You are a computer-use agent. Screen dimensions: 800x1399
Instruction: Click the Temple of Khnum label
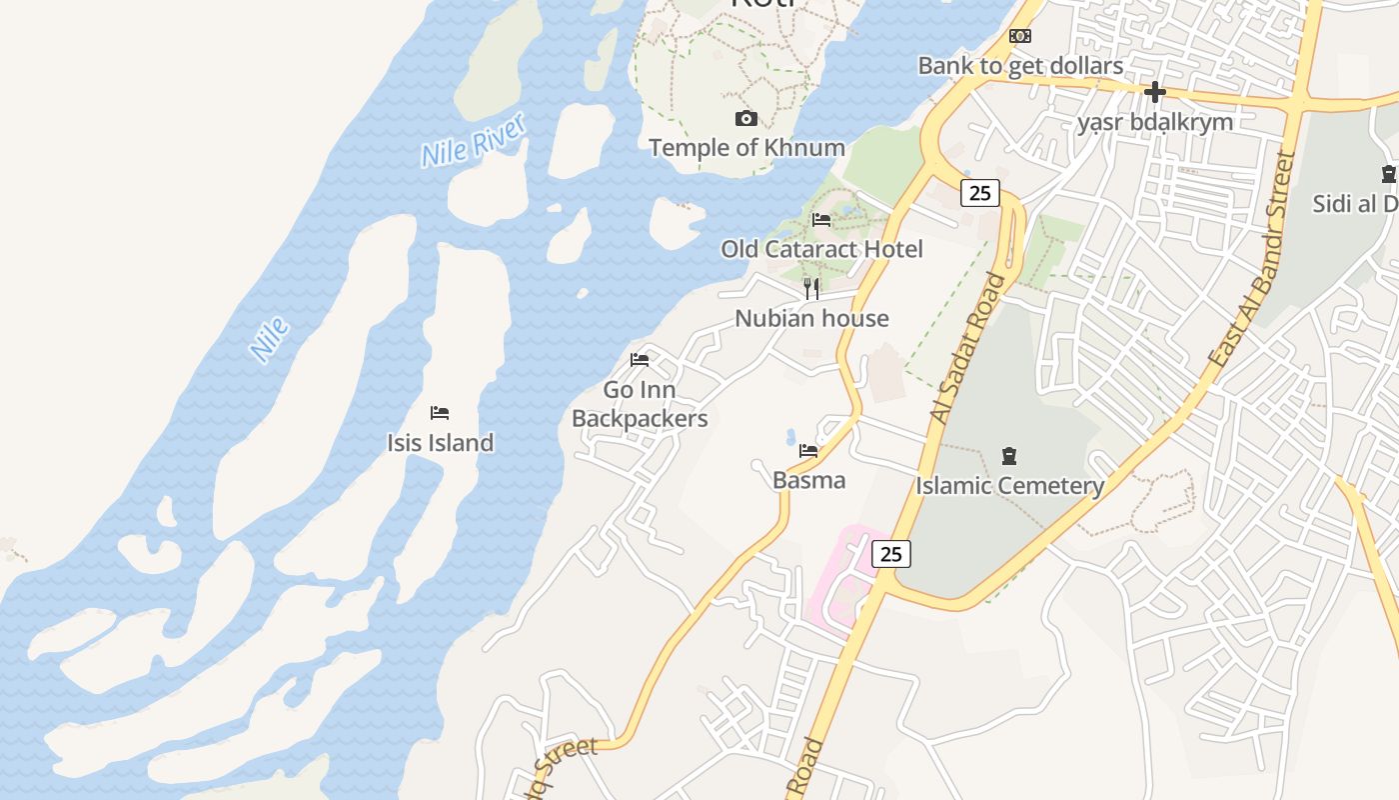click(746, 148)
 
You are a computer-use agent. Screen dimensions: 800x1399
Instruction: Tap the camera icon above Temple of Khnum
click(745, 119)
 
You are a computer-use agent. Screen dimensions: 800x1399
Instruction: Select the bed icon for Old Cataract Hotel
click(821, 220)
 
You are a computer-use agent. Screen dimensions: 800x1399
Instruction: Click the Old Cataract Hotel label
click(821, 249)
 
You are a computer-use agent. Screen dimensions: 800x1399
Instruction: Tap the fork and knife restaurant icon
click(811, 289)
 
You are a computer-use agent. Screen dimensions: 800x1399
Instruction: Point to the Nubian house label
click(811, 319)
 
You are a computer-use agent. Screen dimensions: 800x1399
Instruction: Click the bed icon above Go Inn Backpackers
click(640, 360)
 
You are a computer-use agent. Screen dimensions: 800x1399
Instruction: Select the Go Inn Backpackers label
click(640, 404)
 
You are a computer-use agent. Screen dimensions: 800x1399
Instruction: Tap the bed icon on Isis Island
click(440, 413)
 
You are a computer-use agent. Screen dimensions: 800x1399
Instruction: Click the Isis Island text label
click(440, 443)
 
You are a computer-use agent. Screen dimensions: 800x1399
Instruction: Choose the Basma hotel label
click(808, 480)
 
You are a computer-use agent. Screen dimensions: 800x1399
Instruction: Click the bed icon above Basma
click(808, 451)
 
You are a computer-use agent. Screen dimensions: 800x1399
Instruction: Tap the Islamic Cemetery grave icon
click(1009, 457)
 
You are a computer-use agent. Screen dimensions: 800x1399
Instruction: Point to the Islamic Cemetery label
click(1009, 486)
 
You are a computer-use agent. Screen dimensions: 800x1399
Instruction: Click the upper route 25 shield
click(979, 193)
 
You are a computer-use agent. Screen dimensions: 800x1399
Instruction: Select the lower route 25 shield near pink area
click(890, 553)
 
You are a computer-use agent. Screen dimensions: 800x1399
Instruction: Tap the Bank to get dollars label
click(1020, 66)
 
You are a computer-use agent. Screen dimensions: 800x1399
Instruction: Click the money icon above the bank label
click(1020, 36)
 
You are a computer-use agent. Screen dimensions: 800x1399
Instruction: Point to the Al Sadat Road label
click(967, 347)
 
